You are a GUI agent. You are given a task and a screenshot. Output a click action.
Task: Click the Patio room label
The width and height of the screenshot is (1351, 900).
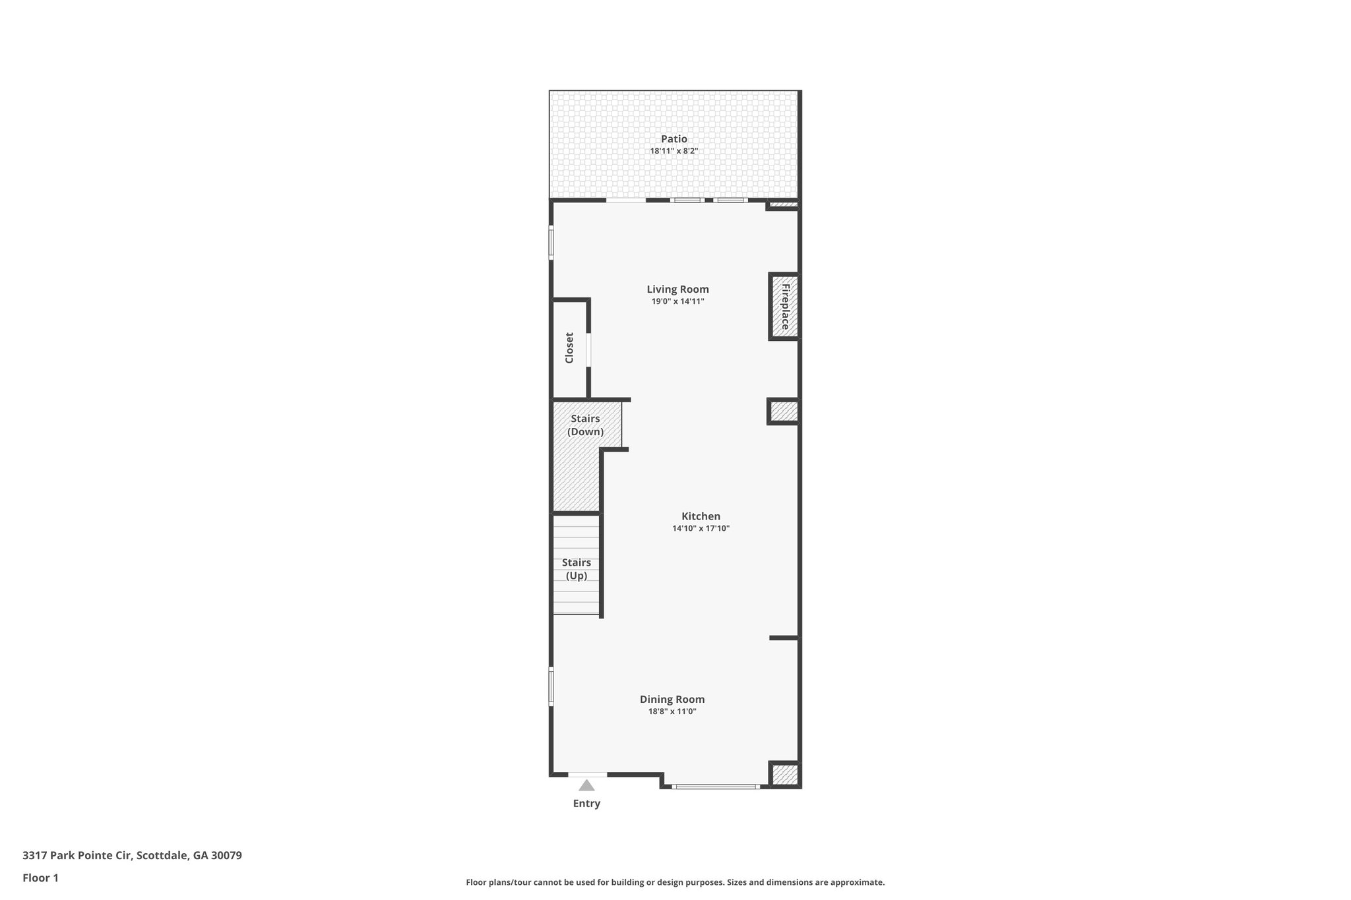[x=674, y=139]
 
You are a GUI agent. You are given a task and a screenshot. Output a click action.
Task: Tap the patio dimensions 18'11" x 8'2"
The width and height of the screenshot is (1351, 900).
[x=674, y=151]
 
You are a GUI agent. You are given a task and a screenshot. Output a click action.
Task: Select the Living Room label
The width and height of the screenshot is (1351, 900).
[x=677, y=289]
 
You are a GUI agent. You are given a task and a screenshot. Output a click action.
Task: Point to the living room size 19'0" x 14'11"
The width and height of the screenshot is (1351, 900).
[x=677, y=301]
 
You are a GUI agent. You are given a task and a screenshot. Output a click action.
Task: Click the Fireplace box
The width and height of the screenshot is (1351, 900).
[x=784, y=307]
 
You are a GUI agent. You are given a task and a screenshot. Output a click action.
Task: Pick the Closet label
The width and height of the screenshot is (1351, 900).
[x=569, y=347]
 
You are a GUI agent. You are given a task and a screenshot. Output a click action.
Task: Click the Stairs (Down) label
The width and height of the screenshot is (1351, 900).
[x=585, y=425]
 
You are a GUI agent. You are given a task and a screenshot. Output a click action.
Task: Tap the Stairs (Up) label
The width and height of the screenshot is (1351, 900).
[x=577, y=569]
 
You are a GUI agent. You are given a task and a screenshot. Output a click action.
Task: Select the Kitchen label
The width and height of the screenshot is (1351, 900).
[x=701, y=516]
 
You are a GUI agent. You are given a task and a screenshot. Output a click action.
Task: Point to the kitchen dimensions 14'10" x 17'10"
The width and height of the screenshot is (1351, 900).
[x=701, y=528]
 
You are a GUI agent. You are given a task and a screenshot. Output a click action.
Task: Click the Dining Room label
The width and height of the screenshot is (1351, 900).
[x=672, y=700]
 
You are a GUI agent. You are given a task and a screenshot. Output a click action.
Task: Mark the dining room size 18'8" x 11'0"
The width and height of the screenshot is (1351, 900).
[x=672, y=711]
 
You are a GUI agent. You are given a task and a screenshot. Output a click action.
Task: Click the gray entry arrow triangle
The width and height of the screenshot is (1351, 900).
[x=586, y=785]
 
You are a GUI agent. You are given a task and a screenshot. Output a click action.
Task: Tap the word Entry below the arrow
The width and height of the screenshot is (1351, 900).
[x=586, y=804]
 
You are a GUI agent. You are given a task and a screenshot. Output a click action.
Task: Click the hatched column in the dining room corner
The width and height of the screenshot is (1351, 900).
[x=785, y=774]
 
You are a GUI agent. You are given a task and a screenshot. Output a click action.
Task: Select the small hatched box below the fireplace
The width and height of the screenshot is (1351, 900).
[x=784, y=411]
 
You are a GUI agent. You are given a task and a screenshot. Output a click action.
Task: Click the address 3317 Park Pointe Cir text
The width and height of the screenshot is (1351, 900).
[x=132, y=856]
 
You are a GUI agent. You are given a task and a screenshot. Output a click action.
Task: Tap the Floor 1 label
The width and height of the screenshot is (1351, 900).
[x=40, y=878]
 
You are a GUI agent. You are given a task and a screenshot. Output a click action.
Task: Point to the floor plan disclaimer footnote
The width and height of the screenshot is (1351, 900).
[x=675, y=882]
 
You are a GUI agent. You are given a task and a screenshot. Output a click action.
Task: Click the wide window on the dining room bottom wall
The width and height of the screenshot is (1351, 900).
[x=715, y=786]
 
